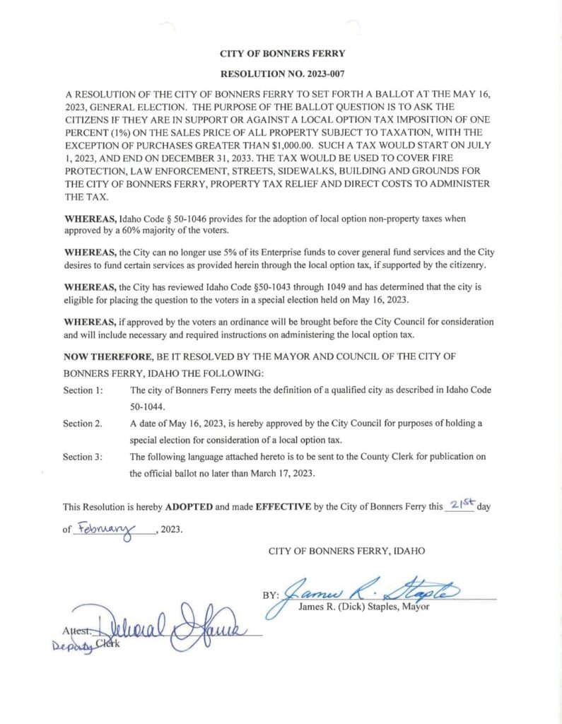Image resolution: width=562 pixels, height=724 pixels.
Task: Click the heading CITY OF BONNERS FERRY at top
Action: pyautogui.click(x=282, y=53)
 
